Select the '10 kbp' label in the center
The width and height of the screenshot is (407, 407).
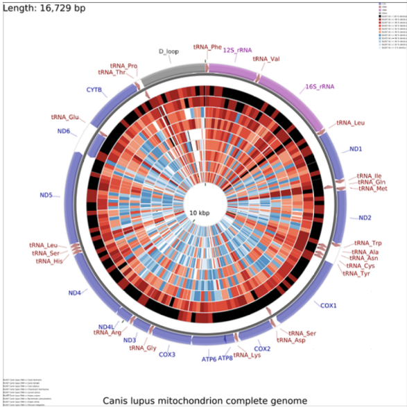(204, 212)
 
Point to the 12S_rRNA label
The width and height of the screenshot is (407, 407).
(238, 49)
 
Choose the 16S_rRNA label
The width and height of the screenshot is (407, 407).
(320, 87)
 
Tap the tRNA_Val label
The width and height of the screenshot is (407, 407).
(266, 59)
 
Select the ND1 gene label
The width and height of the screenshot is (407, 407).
(355, 149)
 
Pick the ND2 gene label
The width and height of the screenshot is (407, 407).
(365, 218)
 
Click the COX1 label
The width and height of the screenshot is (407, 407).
(328, 305)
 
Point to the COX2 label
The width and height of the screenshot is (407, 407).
(263, 348)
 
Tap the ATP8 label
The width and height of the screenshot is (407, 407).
(226, 358)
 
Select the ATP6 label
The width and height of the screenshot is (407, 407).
(209, 359)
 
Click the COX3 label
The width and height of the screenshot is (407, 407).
(167, 354)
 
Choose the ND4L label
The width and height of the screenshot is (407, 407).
(106, 327)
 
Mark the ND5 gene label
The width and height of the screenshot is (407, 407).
(46, 195)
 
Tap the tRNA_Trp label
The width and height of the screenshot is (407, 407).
(367, 243)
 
